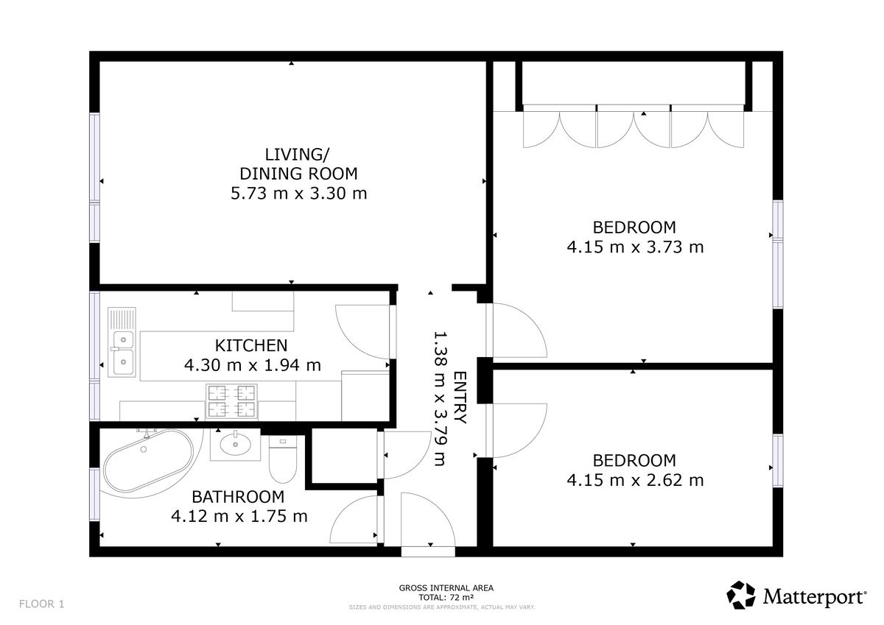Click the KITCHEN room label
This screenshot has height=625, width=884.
[251, 345]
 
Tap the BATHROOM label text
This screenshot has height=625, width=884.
[238, 497]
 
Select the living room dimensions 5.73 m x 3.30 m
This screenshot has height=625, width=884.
[299, 193]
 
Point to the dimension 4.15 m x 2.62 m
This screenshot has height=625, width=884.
[635, 480]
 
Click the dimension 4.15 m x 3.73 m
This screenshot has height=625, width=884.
[635, 247]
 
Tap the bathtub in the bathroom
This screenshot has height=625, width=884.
[148, 461]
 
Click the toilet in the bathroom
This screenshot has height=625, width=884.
[283, 459]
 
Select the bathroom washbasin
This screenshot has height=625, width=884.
[235, 445]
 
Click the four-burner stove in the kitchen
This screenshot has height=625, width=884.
[231, 401]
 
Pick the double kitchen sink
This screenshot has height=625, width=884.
[122, 342]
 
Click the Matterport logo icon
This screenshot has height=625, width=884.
[741, 595]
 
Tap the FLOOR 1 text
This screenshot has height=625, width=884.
[41, 604]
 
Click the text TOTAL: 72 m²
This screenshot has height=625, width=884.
[446, 598]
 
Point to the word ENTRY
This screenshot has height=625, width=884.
[460, 398]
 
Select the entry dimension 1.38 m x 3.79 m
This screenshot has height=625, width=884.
[441, 398]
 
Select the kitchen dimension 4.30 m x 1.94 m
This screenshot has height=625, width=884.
[253, 365]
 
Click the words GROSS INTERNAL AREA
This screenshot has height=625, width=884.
[446, 588]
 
